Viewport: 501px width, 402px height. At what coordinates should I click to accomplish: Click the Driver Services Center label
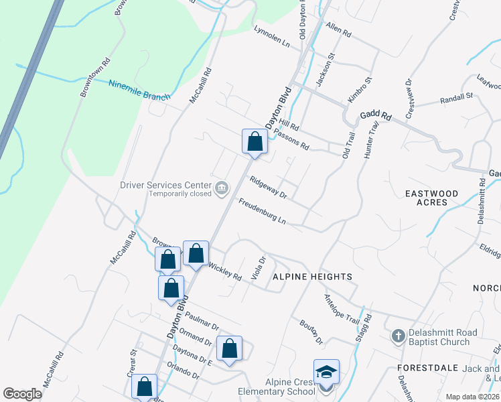(164, 186)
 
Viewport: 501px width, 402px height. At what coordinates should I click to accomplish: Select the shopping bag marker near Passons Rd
(255, 141)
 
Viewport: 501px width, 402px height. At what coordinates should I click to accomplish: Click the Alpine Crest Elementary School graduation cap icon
(326, 373)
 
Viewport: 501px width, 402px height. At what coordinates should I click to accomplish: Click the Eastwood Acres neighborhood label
(432, 198)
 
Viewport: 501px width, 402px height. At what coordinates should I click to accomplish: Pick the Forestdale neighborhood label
(427, 368)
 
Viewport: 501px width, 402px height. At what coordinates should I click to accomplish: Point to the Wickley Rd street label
(225, 271)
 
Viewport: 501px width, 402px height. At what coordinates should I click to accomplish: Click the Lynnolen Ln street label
(271, 38)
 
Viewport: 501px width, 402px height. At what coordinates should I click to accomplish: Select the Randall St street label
(456, 99)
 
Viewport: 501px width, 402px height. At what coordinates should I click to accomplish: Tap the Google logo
(22, 394)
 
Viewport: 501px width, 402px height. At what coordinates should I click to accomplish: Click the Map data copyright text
(472, 397)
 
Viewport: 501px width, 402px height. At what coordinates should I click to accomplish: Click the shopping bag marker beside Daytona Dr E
(229, 348)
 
